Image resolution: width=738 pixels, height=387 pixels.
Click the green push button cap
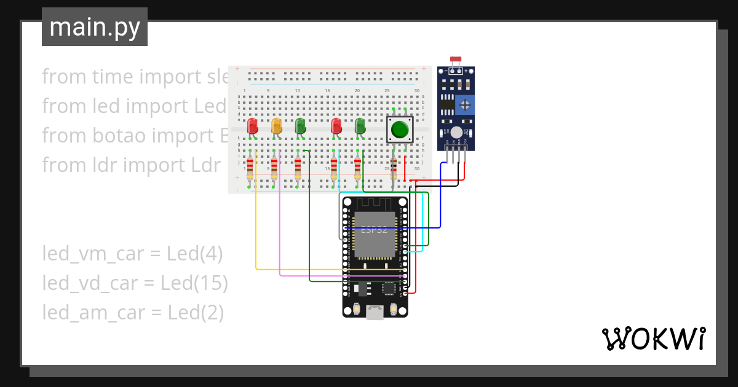pyautogui.click(x=400, y=130)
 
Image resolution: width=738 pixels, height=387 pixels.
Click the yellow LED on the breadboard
pyautogui.click(x=277, y=127)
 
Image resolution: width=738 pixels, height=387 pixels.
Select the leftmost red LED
pyautogui.click(x=252, y=127)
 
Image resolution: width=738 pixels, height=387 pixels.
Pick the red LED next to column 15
pyautogui.click(x=336, y=127)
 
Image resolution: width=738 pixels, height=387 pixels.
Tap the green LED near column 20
pyautogui.click(x=360, y=127)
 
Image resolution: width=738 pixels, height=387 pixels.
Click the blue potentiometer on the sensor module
pyautogui.click(x=466, y=104)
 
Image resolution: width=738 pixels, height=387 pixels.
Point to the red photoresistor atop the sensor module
pyautogui.click(x=456, y=60)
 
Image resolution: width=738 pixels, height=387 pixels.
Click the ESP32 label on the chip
pyautogui.click(x=374, y=230)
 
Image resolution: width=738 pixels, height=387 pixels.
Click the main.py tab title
pyautogui.click(x=95, y=27)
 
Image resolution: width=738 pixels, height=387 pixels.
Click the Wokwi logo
pyautogui.click(x=653, y=338)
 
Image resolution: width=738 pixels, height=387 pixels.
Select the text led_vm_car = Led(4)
pyautogui.click(x=132, y=253)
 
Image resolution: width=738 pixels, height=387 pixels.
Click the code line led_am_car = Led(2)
pyautogui.click(x=133, y=312)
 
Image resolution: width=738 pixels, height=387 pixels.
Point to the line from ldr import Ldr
pyautogui.click(x=131, y=165)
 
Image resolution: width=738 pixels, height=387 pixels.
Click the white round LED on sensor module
pyautogui.click(x=456, y=132)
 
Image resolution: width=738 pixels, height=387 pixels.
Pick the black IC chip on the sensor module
pyautogui.click(x=447, y=104)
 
